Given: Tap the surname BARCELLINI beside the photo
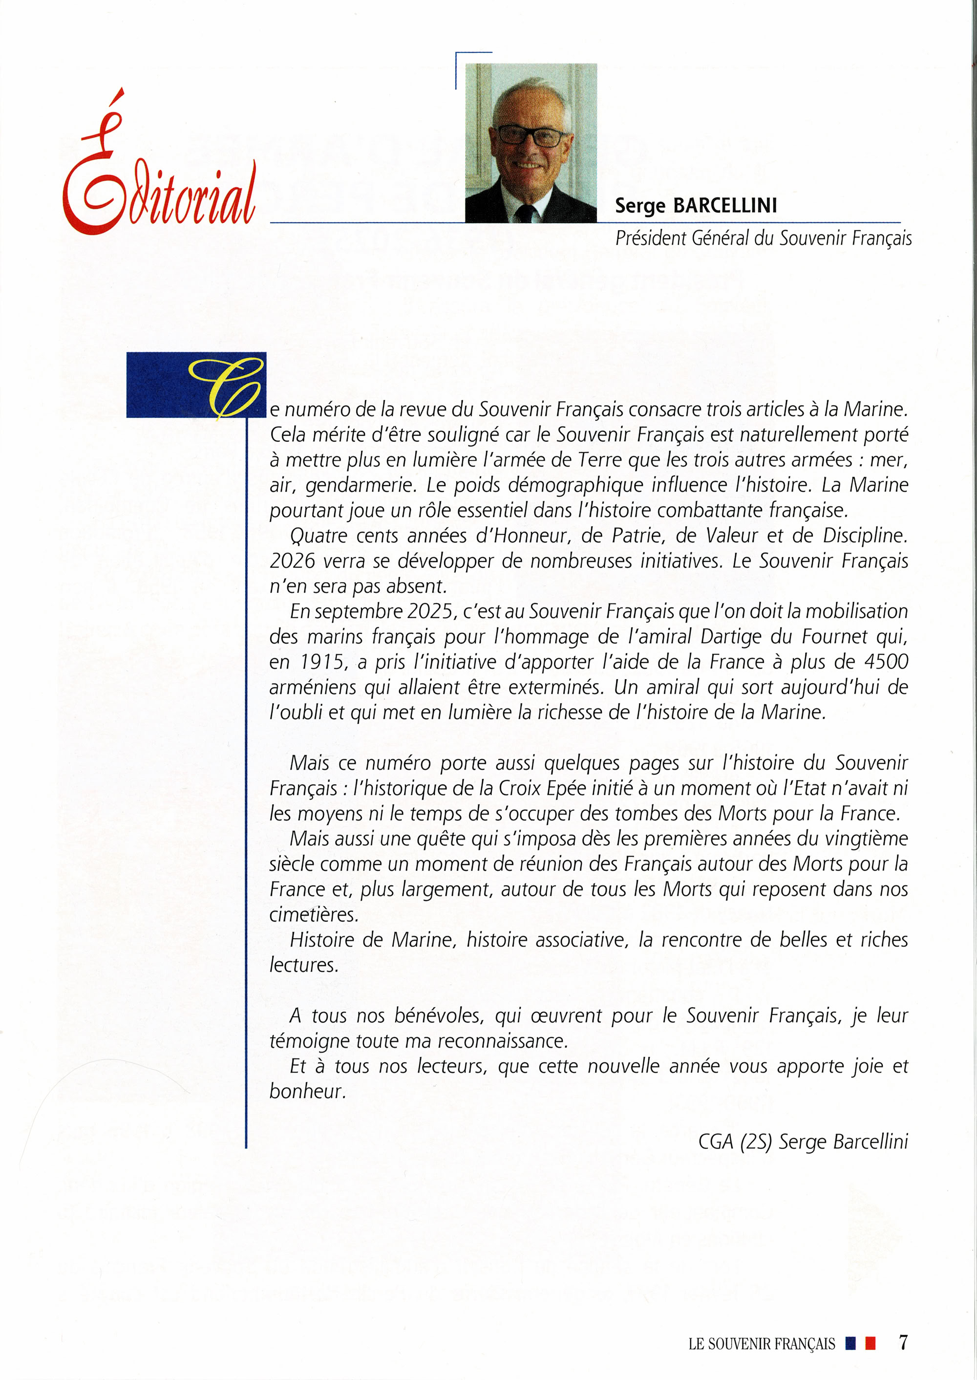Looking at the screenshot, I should tap(725, 206).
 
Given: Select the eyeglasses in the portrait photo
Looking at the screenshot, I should tap(530, 135).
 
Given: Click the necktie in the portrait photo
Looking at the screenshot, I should tap(525, 213).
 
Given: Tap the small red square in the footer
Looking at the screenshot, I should tap(870, 1343).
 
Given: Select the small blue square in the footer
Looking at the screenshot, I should tap(850, 1343).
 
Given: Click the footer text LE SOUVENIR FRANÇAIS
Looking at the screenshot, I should tap(762, 1344).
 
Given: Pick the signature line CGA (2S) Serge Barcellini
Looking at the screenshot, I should tap(803, 1142).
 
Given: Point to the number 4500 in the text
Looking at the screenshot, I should tap(886, 662).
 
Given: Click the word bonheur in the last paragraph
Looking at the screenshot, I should tap(307, 1091).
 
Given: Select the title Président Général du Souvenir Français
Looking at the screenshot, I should tap(763, 239).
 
